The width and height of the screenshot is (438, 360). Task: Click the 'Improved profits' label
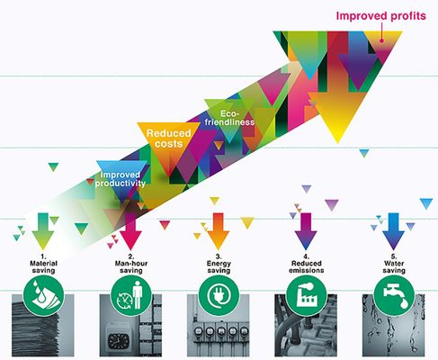380,15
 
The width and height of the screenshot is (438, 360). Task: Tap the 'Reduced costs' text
168,139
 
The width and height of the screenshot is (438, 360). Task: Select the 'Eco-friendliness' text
229,118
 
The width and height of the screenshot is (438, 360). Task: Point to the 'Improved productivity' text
121,179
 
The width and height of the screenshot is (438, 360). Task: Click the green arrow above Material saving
43,231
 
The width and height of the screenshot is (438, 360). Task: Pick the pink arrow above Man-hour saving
130,231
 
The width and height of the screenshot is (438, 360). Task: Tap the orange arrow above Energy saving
219,231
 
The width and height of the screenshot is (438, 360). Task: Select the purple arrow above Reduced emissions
306,231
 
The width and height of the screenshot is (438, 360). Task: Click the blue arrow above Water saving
393,231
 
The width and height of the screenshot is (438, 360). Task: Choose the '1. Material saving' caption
43,264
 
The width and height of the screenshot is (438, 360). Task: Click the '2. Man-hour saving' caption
131,264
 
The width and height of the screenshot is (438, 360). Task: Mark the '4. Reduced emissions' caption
307,264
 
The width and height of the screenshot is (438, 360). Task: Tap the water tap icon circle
394,296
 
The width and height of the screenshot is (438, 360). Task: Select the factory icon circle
307,296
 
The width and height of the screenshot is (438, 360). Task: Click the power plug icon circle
219,296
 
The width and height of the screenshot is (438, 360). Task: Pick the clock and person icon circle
131,296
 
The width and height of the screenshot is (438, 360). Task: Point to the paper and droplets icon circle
44,296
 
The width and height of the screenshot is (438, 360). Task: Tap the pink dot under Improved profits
381,40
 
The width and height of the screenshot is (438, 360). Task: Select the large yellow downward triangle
338,114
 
